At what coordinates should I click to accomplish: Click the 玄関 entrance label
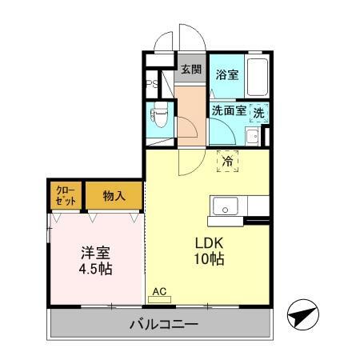point(190,68)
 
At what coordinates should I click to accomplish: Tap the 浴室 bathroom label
point(227,75)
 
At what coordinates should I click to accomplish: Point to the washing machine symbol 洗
point(258,114)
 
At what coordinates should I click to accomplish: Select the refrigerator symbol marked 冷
point(228,160)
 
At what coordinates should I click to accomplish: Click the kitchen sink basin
point(225,206)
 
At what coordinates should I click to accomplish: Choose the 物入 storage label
point(114,196)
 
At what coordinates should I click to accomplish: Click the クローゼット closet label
point(63,195)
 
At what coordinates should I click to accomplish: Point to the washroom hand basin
point(251,136)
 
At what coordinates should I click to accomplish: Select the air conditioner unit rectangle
point(159,299)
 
